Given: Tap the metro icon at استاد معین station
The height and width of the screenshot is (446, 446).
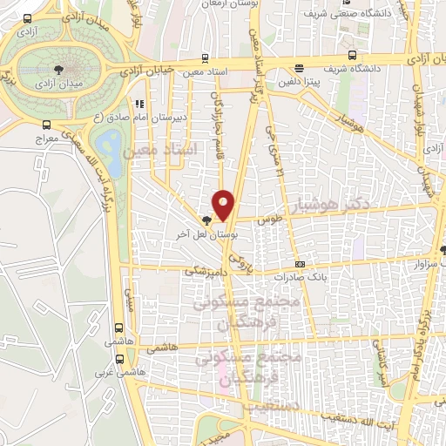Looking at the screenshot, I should [204, 57].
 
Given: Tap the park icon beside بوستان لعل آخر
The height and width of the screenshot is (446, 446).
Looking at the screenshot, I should [206, 221].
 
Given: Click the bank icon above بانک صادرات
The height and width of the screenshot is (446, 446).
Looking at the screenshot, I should [301, 264].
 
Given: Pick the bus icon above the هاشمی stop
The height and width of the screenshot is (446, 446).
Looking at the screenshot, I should [119, 328].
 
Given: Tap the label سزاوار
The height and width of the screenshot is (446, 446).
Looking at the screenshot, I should [420, 261].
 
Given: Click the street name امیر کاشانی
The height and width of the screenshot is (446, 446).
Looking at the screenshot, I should [382, 362].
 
